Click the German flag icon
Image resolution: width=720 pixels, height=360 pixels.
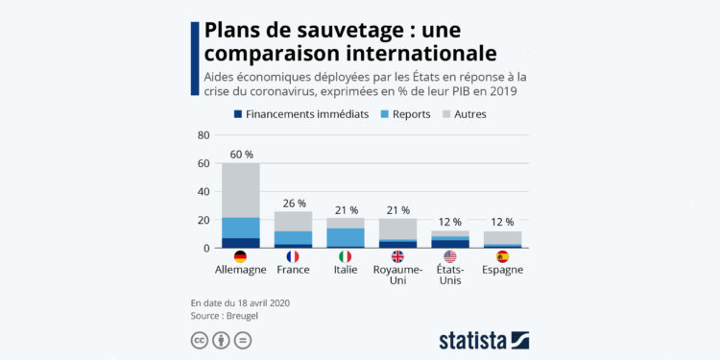(x=240, y=256)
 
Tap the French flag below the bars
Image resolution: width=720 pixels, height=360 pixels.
(x=293, y=256)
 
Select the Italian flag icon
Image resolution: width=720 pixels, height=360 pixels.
(x=346, y=256)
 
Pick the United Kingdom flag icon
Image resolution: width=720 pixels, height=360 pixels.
(x=397, y=256)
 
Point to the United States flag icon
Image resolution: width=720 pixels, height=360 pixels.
(x=450, y=256)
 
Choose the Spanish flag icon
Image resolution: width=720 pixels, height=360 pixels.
(x=503, y=256)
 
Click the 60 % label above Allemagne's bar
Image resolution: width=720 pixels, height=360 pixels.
(x=241, y=154)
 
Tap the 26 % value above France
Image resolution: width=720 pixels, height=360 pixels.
(x=294, y=204)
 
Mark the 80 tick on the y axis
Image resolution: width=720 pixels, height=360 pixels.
(x=203, y=135)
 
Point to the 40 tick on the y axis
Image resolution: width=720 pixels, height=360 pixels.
(x=203, y=192)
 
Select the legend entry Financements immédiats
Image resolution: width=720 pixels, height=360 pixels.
(x=300, y=114)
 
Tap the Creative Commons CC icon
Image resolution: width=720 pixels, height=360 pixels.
(x=201, y=341)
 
